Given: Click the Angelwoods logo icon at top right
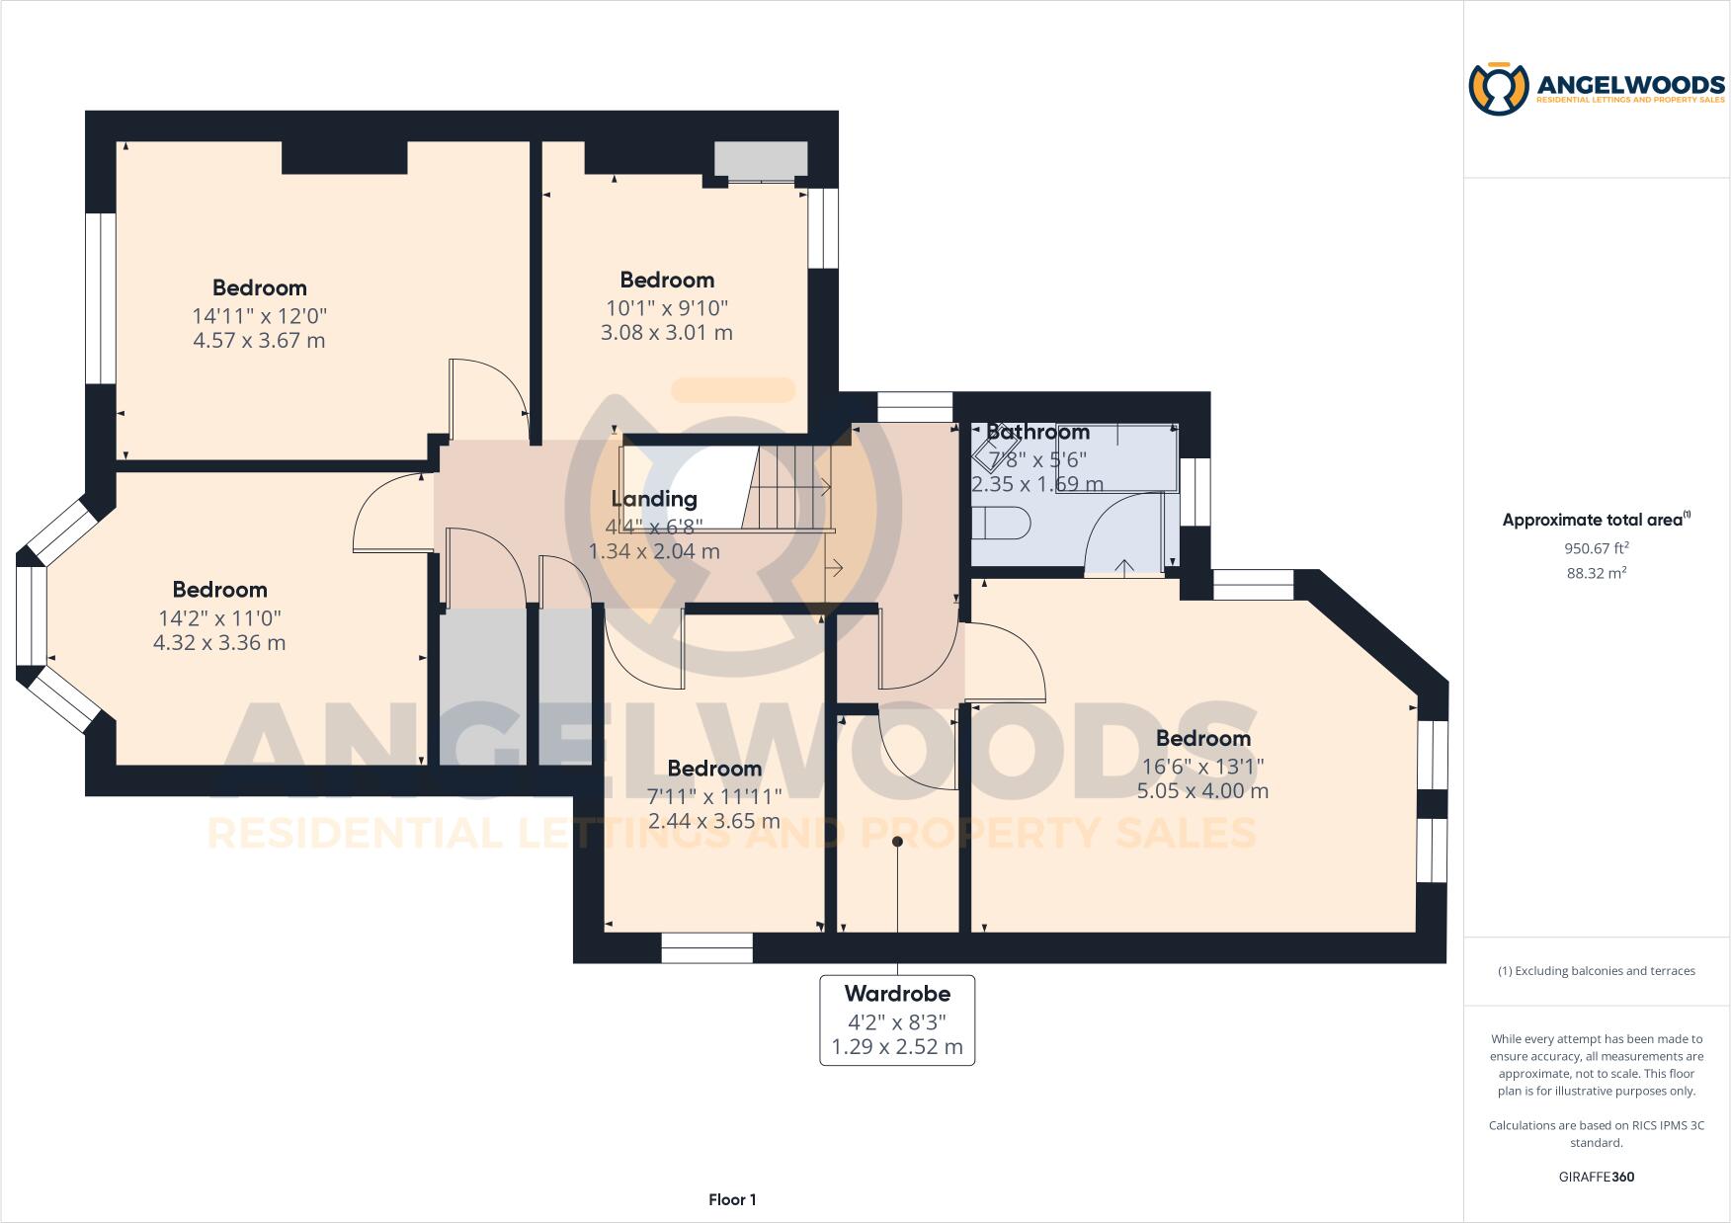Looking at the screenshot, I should click(x=1498, y=89).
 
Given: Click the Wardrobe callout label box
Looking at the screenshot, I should click(x=897, y=1020).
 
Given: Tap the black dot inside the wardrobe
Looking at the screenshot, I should click(x=897, y=842).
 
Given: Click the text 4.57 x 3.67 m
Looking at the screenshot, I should click(x=259, y=341).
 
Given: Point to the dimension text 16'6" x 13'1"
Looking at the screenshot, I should click(x=1202, y=766).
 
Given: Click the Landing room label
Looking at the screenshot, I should click(x=653, y=499).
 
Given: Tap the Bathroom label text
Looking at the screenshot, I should click(x=1037, y=432).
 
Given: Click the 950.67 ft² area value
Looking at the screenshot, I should click(x=1596, y=548).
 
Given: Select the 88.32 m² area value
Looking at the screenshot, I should click(x=1596, y=573).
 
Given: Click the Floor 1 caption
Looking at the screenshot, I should click(x=732, y=1199).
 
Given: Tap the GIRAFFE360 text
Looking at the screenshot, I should click(x=1596, y=1177).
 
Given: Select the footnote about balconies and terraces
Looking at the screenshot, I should click(x=1596, y=971).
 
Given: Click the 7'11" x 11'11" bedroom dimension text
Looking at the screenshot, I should click(x=713, y=796).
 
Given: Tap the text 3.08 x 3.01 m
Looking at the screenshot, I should click(x=667, y=333).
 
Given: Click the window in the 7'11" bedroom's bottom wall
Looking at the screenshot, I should click(x=706, y=948).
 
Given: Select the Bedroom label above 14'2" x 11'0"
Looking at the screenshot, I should click(x=219, y=590).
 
